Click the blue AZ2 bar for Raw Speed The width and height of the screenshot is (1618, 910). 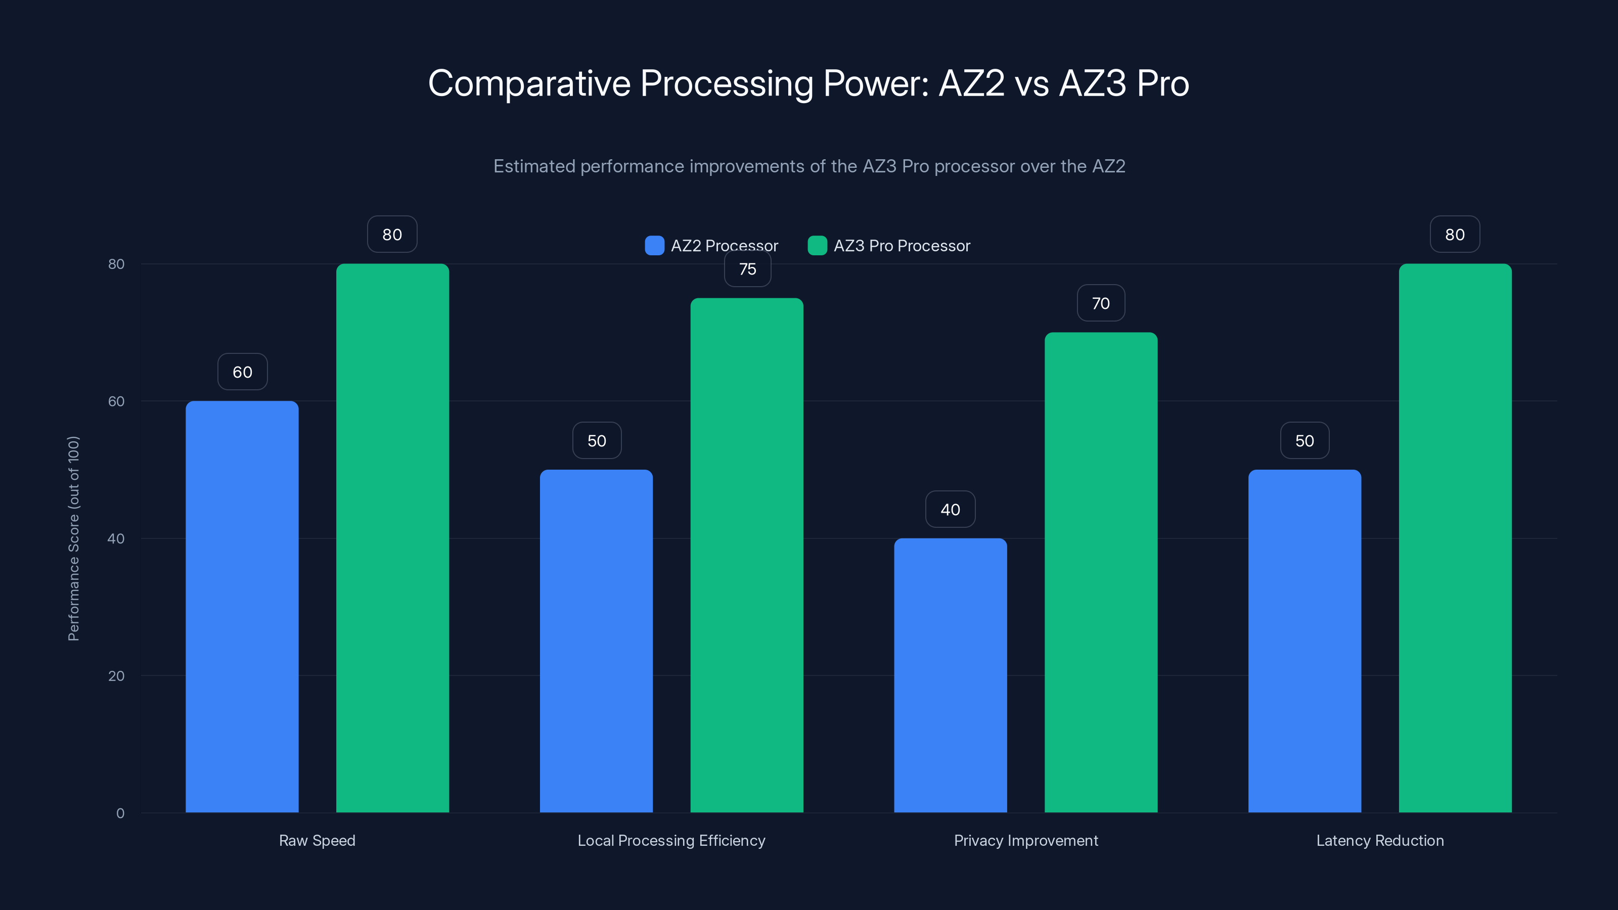(242, 606)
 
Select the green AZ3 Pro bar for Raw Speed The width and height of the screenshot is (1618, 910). (392, 537)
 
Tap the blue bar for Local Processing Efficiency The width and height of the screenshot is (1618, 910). (596, 641)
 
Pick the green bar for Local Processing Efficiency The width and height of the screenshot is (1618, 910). (747, 555)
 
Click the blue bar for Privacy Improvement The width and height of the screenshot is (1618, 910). (951, 675)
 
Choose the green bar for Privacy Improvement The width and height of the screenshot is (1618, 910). (1101, 572)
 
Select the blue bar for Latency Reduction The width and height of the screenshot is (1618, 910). (1305, 641)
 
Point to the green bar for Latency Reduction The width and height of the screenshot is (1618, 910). (1455, 537)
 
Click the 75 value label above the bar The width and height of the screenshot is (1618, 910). (747, 269)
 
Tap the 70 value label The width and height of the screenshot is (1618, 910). (1101, 303)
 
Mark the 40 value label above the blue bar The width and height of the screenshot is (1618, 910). (951, 509)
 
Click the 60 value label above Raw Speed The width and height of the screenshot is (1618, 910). (243, 372)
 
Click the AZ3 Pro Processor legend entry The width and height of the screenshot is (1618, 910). (889, 246)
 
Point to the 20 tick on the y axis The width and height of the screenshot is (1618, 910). (116, 676)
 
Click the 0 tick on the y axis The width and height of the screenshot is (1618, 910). (120, 813)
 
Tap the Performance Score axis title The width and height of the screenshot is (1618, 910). (73, 538)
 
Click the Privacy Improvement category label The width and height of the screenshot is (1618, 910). (1026, 840)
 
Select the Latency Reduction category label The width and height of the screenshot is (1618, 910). (1380, 840)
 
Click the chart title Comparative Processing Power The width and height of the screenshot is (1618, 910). (808, 83)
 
